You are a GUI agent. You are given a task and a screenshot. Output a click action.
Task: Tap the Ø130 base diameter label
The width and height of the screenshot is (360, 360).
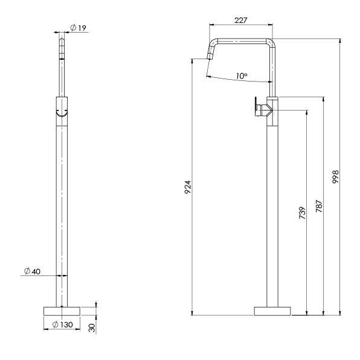coord(62,325)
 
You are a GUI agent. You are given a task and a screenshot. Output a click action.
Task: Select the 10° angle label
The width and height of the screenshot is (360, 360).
coord(242,76)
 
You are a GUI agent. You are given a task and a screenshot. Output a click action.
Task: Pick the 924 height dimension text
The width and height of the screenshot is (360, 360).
coord(187,187)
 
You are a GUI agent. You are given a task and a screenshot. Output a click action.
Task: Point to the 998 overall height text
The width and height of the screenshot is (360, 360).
coord(336,176)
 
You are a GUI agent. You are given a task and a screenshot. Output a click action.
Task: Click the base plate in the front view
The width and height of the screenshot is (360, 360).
coord(62,310)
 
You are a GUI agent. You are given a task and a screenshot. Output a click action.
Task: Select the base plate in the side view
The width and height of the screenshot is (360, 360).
coord(272,310)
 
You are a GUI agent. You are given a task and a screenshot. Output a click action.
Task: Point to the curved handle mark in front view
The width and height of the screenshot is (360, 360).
coord(62,112)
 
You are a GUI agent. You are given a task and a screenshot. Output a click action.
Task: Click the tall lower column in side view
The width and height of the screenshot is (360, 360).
coord(272,211)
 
